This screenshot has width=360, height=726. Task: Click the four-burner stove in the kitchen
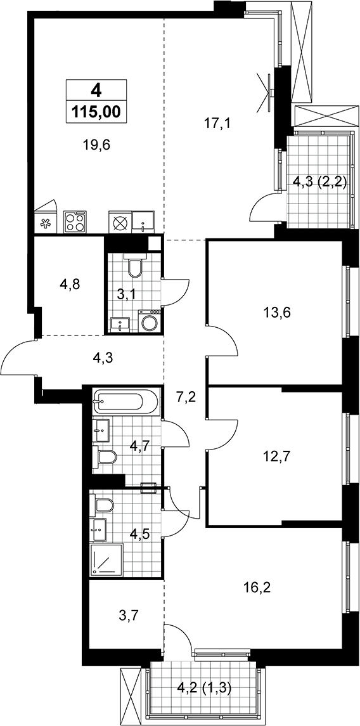coord(75,221)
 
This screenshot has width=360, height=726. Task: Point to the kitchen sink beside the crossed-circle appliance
coord(143,221)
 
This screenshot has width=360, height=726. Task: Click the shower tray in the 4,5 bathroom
coord(107,559)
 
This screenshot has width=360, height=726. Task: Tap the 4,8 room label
coord(70,284)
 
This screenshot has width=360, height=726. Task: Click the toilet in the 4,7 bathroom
coord(107,457)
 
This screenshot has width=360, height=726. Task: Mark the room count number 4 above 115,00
coord(96,90)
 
